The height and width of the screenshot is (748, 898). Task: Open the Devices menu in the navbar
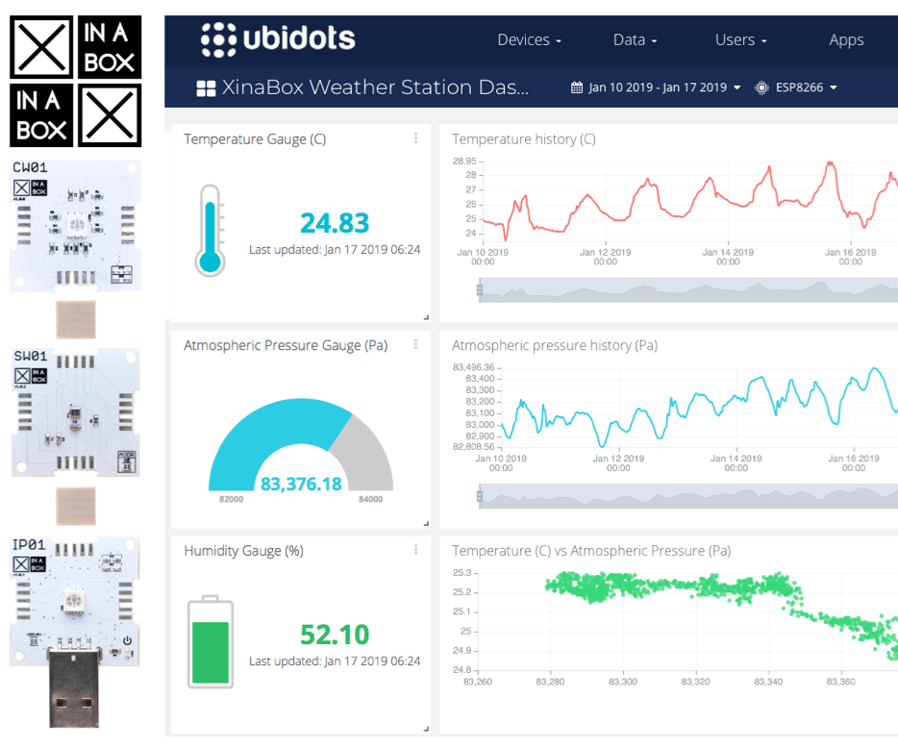pos(529,40)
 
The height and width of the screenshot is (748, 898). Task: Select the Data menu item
pos(635,40)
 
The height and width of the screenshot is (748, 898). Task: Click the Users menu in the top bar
pos(740,40)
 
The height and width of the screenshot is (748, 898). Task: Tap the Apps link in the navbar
pos(846,40)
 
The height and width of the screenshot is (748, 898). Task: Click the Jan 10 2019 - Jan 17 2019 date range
pos(658,87)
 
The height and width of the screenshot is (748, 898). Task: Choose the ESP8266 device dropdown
pos(797,87)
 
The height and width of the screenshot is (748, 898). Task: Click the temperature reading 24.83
pos(335,223)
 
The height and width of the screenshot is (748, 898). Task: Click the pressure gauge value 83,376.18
pos(301,484)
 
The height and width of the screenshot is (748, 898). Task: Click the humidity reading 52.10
pos(335,635)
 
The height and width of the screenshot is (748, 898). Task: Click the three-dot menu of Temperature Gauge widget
pos(415,138)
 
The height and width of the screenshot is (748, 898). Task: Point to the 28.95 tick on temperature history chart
pos(464,161)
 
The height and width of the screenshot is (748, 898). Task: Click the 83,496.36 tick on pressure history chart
pos(473,366)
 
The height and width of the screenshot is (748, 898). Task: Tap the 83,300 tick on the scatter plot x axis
pos(623,682)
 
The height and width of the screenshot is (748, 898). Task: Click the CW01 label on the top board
pos(30,167)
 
